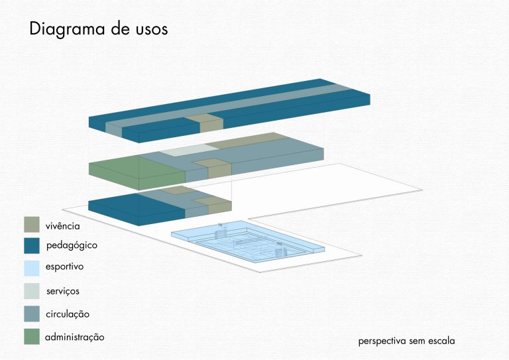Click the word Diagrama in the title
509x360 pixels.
point(67,29)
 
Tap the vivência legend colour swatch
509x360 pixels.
point(32,225)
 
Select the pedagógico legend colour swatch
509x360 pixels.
point(32,245)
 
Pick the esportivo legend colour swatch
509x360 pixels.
point(32,268)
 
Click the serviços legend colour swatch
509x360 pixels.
point(32,291)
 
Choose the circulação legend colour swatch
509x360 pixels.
point(32,314)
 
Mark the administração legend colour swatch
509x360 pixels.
point(32,336)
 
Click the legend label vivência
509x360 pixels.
point(63,225)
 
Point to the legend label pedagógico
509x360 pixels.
point(72,246)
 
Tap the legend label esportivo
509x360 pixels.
point(64,267)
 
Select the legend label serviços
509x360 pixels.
point(63,291)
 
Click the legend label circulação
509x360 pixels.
point(68,314)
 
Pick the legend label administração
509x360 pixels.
point(75,337)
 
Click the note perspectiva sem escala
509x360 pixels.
point(406,341)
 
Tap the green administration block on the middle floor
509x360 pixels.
point(137,172)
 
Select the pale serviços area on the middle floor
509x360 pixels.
point(189,150)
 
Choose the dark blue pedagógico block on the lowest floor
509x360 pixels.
point(137,208)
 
